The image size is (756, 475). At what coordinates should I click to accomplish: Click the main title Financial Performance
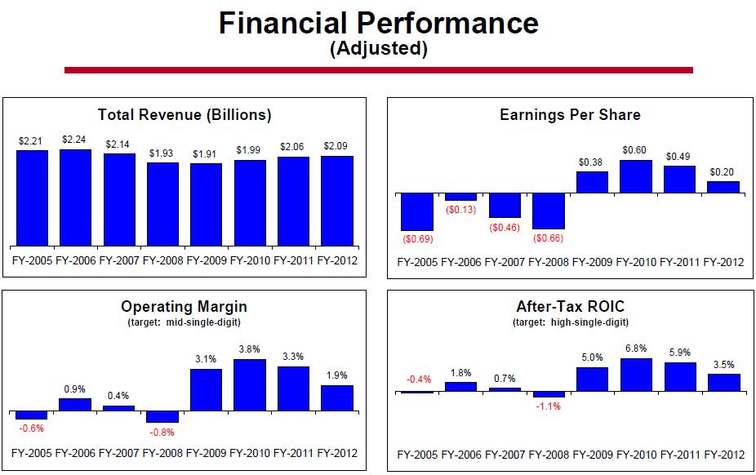click(378, 22)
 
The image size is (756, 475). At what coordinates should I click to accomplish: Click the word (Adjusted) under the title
click(378, 49)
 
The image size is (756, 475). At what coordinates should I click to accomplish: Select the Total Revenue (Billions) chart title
click(185, 115)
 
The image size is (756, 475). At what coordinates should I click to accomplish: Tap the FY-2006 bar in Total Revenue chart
click(76, 197)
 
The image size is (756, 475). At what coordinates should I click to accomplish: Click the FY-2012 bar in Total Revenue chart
click(337, 200)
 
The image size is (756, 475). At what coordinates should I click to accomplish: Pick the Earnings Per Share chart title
click(570, 115)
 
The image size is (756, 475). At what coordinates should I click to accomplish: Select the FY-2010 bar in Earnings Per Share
click(636, 176)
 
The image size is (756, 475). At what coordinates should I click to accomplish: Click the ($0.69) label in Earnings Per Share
click(417, 239)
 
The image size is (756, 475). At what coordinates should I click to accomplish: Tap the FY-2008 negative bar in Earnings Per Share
click(549, 211)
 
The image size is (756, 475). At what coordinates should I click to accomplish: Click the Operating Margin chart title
click(184, 307)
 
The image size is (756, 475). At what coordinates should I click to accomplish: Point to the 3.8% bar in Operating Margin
click(250, 384)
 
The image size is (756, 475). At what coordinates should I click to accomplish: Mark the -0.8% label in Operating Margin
click(162, 432)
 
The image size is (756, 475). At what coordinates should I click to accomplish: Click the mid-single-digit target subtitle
click(184, 322)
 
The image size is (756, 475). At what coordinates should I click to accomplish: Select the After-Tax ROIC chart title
click(570, 307)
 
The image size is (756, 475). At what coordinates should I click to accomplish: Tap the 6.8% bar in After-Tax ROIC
click(636, 375)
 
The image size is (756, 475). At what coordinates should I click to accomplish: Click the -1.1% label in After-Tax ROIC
click(549, 406)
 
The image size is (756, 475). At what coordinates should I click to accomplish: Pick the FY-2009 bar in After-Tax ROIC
click(592, 380)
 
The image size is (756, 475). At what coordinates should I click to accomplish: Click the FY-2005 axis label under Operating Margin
click(33, 454)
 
